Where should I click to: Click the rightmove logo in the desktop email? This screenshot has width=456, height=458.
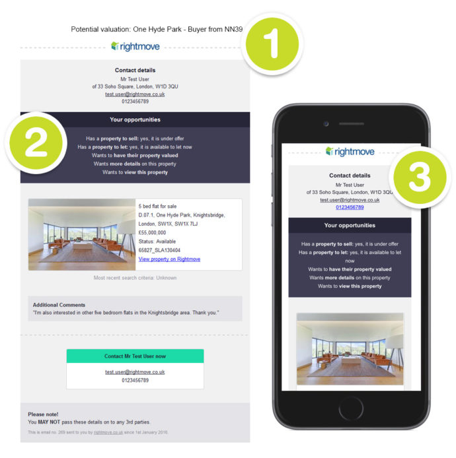click(x=135, y=46)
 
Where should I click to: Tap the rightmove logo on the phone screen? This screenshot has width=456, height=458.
click(x=350, y=151)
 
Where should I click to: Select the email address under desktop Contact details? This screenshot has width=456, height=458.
click(x=135, y=94)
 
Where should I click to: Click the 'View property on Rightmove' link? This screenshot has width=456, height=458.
click(x=169, y=259)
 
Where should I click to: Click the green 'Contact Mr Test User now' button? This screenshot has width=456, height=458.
click(x=135, y=356)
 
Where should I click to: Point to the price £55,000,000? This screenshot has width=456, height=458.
click(x=153, y=233)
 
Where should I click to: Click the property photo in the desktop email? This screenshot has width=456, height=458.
click(x=82, y=235)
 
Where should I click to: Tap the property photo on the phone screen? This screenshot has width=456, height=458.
click(x=350, y=349)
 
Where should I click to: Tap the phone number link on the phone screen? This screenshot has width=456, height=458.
click(x=350, y=207)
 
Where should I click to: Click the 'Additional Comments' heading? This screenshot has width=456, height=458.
click(x=59, y=305)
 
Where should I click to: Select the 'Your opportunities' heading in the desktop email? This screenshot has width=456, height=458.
click(x=135, y=119)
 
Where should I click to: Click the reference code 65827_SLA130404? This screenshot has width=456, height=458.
click(x=159, y=251)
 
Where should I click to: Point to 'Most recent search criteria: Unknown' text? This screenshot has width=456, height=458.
click(x=135, y=278)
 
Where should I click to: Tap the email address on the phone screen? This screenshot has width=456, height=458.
click(x=350, y=199)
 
